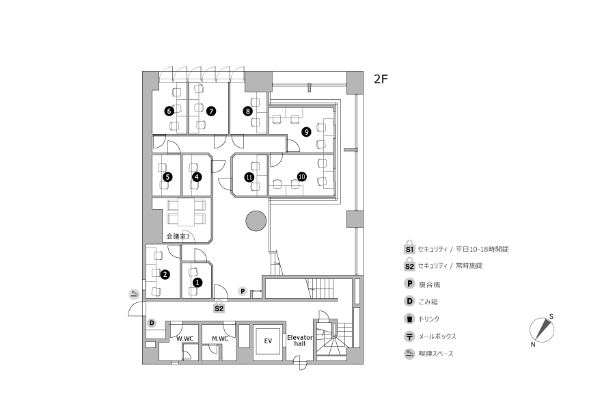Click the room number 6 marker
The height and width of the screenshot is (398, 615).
tap(169, 111)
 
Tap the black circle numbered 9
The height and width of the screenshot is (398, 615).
tap(306, 132)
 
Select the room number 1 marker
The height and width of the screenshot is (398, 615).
tap(197, 282)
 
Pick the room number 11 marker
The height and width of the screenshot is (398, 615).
tap(249, 177)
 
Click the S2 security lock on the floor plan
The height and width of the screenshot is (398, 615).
tap(219, 307)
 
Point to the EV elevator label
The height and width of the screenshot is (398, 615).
tap(268, 341)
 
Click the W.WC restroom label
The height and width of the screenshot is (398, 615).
tap(184, 339)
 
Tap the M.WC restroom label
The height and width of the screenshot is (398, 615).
tap(220, 339)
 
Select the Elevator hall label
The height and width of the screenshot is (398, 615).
tap(300, 341)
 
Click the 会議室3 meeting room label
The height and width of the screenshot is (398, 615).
tap(178, 237)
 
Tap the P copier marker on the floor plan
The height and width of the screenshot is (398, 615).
tap(243, 291)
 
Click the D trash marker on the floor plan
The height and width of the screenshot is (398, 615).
tap(152, 323)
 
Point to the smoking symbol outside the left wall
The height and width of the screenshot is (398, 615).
tap(134, 293)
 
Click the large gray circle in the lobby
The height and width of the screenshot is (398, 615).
tap(256, 221)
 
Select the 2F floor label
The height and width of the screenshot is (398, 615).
tap(381, 79)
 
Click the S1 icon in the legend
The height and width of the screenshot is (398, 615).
tap(409, 248)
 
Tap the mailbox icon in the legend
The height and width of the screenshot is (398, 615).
tap(409, 336)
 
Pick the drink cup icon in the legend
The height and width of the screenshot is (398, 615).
tap(409, 319)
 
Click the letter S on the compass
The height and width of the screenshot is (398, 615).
tap(551, 317)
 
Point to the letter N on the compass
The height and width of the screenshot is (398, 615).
tap(532, 345)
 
